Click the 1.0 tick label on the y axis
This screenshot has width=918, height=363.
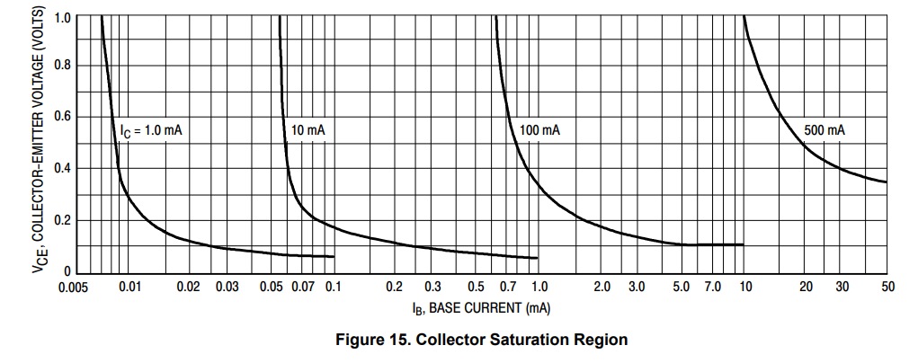click(62, 17)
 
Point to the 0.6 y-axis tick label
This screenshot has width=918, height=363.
click(62, 117)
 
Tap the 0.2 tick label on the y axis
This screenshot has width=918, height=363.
click(62, 221)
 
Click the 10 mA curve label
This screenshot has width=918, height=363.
click(307, 131)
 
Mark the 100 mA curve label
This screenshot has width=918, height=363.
click(539, 131)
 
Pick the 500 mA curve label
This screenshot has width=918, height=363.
click(824, 131)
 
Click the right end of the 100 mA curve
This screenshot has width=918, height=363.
click(744, 244)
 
